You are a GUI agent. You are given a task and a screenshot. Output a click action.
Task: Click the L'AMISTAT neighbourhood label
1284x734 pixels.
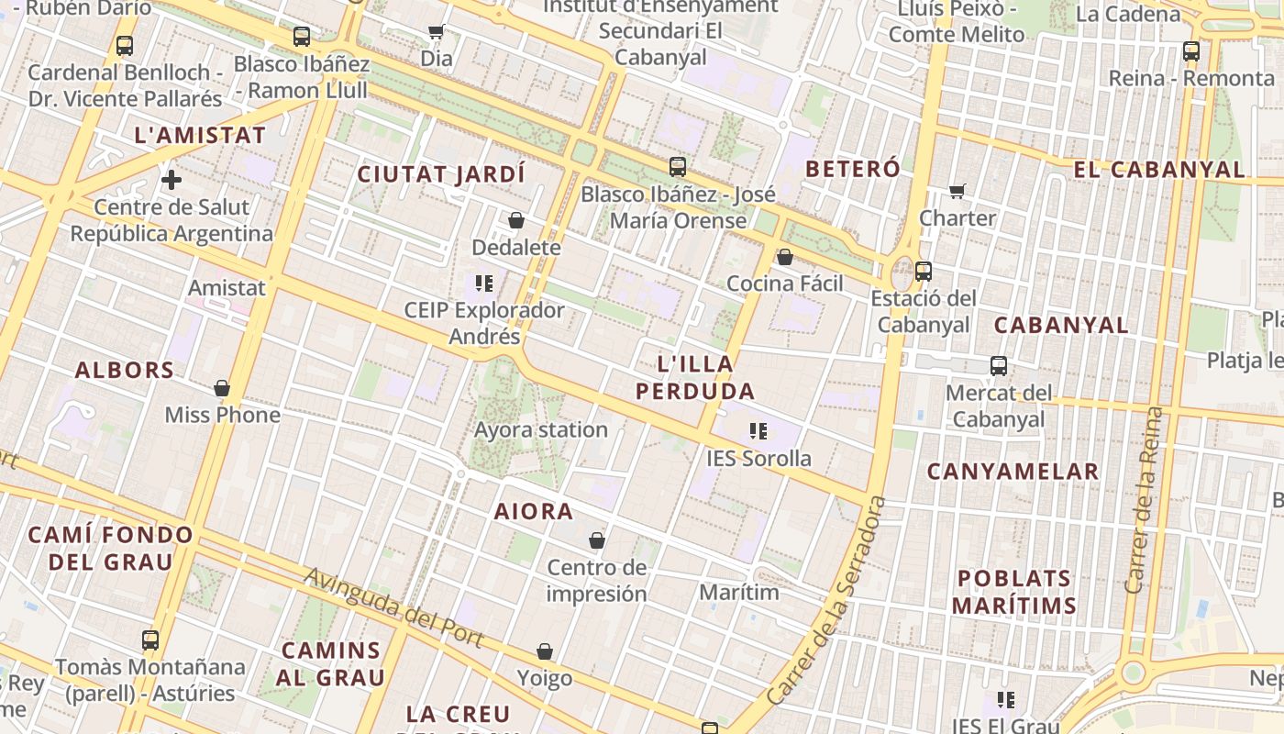[x=200, y=135]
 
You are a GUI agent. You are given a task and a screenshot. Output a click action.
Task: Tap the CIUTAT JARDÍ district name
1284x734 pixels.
[x=441, y=173]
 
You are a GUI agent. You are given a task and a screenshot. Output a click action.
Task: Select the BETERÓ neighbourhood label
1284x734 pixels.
[x=853, y=169]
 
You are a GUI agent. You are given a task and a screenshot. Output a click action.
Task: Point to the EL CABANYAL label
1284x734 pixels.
[x=1159, y=170]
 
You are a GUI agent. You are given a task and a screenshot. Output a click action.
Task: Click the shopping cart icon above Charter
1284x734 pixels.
[x=957, y=191]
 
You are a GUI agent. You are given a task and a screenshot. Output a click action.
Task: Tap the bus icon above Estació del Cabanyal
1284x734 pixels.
[x=924, y=272]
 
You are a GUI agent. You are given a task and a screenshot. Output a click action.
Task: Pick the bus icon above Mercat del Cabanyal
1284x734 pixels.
[x=999, y=366]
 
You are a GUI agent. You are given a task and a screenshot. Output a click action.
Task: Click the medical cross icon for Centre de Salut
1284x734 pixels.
[x=172, y=180]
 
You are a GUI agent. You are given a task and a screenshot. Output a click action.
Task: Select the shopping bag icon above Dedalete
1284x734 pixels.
[x=516, y=220]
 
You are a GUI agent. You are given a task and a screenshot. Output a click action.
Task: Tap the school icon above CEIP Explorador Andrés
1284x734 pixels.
[x=484, y=283]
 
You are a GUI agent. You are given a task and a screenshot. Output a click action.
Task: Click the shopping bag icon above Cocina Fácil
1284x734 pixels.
[x=785, y=257]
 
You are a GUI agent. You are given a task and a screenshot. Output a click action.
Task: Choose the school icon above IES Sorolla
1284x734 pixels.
[x=758, y=430]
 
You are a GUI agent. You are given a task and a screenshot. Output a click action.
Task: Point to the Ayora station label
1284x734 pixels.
[x=541, y=429]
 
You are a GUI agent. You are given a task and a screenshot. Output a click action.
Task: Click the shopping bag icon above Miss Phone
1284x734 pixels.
[x=222, y=388]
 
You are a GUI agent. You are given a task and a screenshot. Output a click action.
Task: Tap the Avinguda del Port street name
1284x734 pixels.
[x=394, y=608]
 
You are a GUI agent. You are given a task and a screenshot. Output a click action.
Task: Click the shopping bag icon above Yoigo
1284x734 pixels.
[x=545, y=651]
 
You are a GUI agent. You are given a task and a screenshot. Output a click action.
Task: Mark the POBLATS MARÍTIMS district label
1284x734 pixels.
[x=1013, y=592]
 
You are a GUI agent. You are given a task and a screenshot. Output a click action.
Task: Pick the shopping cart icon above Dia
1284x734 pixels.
[x=437, y=32]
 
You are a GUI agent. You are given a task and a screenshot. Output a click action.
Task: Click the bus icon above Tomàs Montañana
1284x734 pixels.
[x=150, y=639]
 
